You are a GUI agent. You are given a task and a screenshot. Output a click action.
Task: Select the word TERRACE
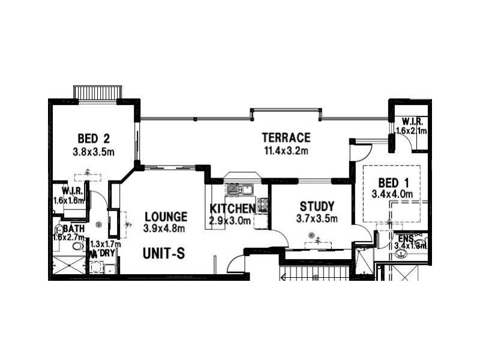click(286, 137)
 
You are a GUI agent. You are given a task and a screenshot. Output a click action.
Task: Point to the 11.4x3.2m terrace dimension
click(286, 151)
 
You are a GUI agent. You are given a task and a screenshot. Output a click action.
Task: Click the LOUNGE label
click(166, 217)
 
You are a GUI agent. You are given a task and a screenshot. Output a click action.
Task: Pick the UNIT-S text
click(164, 254)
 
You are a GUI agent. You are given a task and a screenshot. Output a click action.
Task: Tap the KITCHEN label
click(232, 209)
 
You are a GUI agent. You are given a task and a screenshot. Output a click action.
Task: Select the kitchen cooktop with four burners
click(262, 205)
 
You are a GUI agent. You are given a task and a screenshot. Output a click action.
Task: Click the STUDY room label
click(317, 206)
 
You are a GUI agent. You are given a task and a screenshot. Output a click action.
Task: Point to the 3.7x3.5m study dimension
click(317, 218)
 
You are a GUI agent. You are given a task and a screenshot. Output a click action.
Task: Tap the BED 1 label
click(393, 182)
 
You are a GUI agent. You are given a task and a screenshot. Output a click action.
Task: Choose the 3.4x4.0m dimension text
click(393, 194)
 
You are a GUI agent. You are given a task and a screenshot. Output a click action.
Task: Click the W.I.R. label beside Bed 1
click(413, 121)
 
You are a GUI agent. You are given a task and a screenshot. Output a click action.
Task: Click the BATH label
click(74, 229)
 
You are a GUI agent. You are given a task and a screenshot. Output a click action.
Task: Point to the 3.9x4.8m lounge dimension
click(164, 229)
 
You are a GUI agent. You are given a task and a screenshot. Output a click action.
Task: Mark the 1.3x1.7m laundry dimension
click(105, 244)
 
